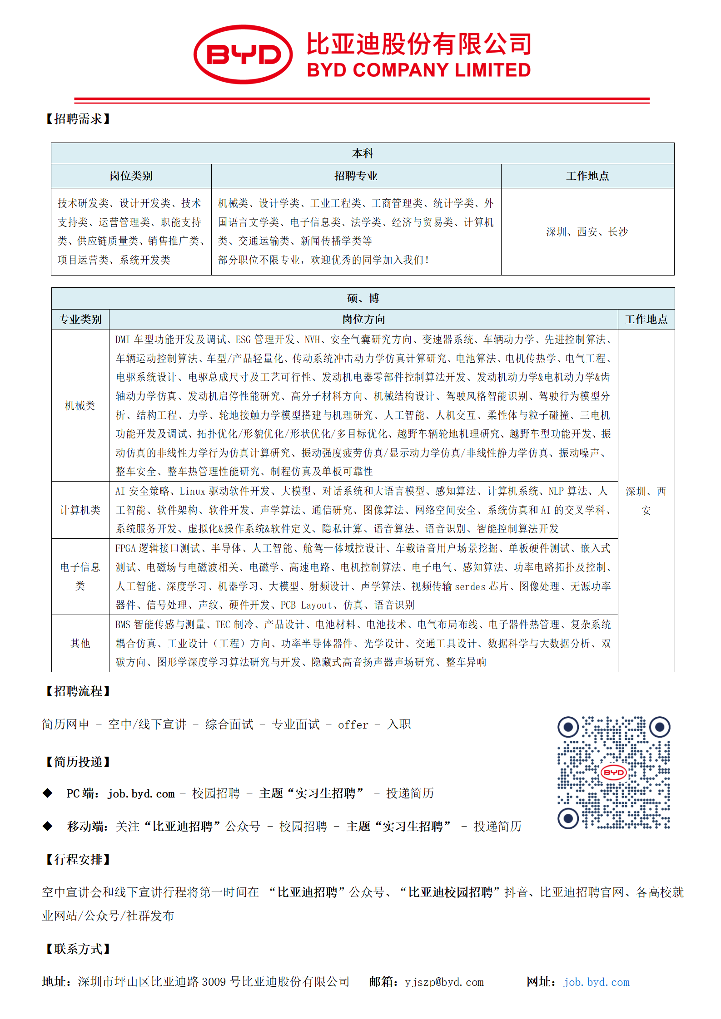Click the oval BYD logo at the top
click(243, 54)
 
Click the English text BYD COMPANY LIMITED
click(418, 70)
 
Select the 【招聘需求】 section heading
click(78, 119)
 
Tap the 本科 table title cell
click(363, 154)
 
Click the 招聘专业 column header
click(356, 176)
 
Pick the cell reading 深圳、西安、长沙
click(587, 232)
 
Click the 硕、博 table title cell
click(363, 298)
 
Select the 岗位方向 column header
click(363, 320)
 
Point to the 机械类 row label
click(80, 406)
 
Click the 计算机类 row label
click(80, 510)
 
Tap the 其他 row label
click(80, 643)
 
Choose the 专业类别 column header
click(80, 320)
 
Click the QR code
click(614, 773)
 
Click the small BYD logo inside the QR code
click(614, 772)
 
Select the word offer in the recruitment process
click(353, 725)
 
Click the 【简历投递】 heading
click(78, 762)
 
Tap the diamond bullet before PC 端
click(47, 793)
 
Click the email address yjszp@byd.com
click(444, 982)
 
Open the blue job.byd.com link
click(597, 982)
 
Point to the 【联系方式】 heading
click(78, 949)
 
